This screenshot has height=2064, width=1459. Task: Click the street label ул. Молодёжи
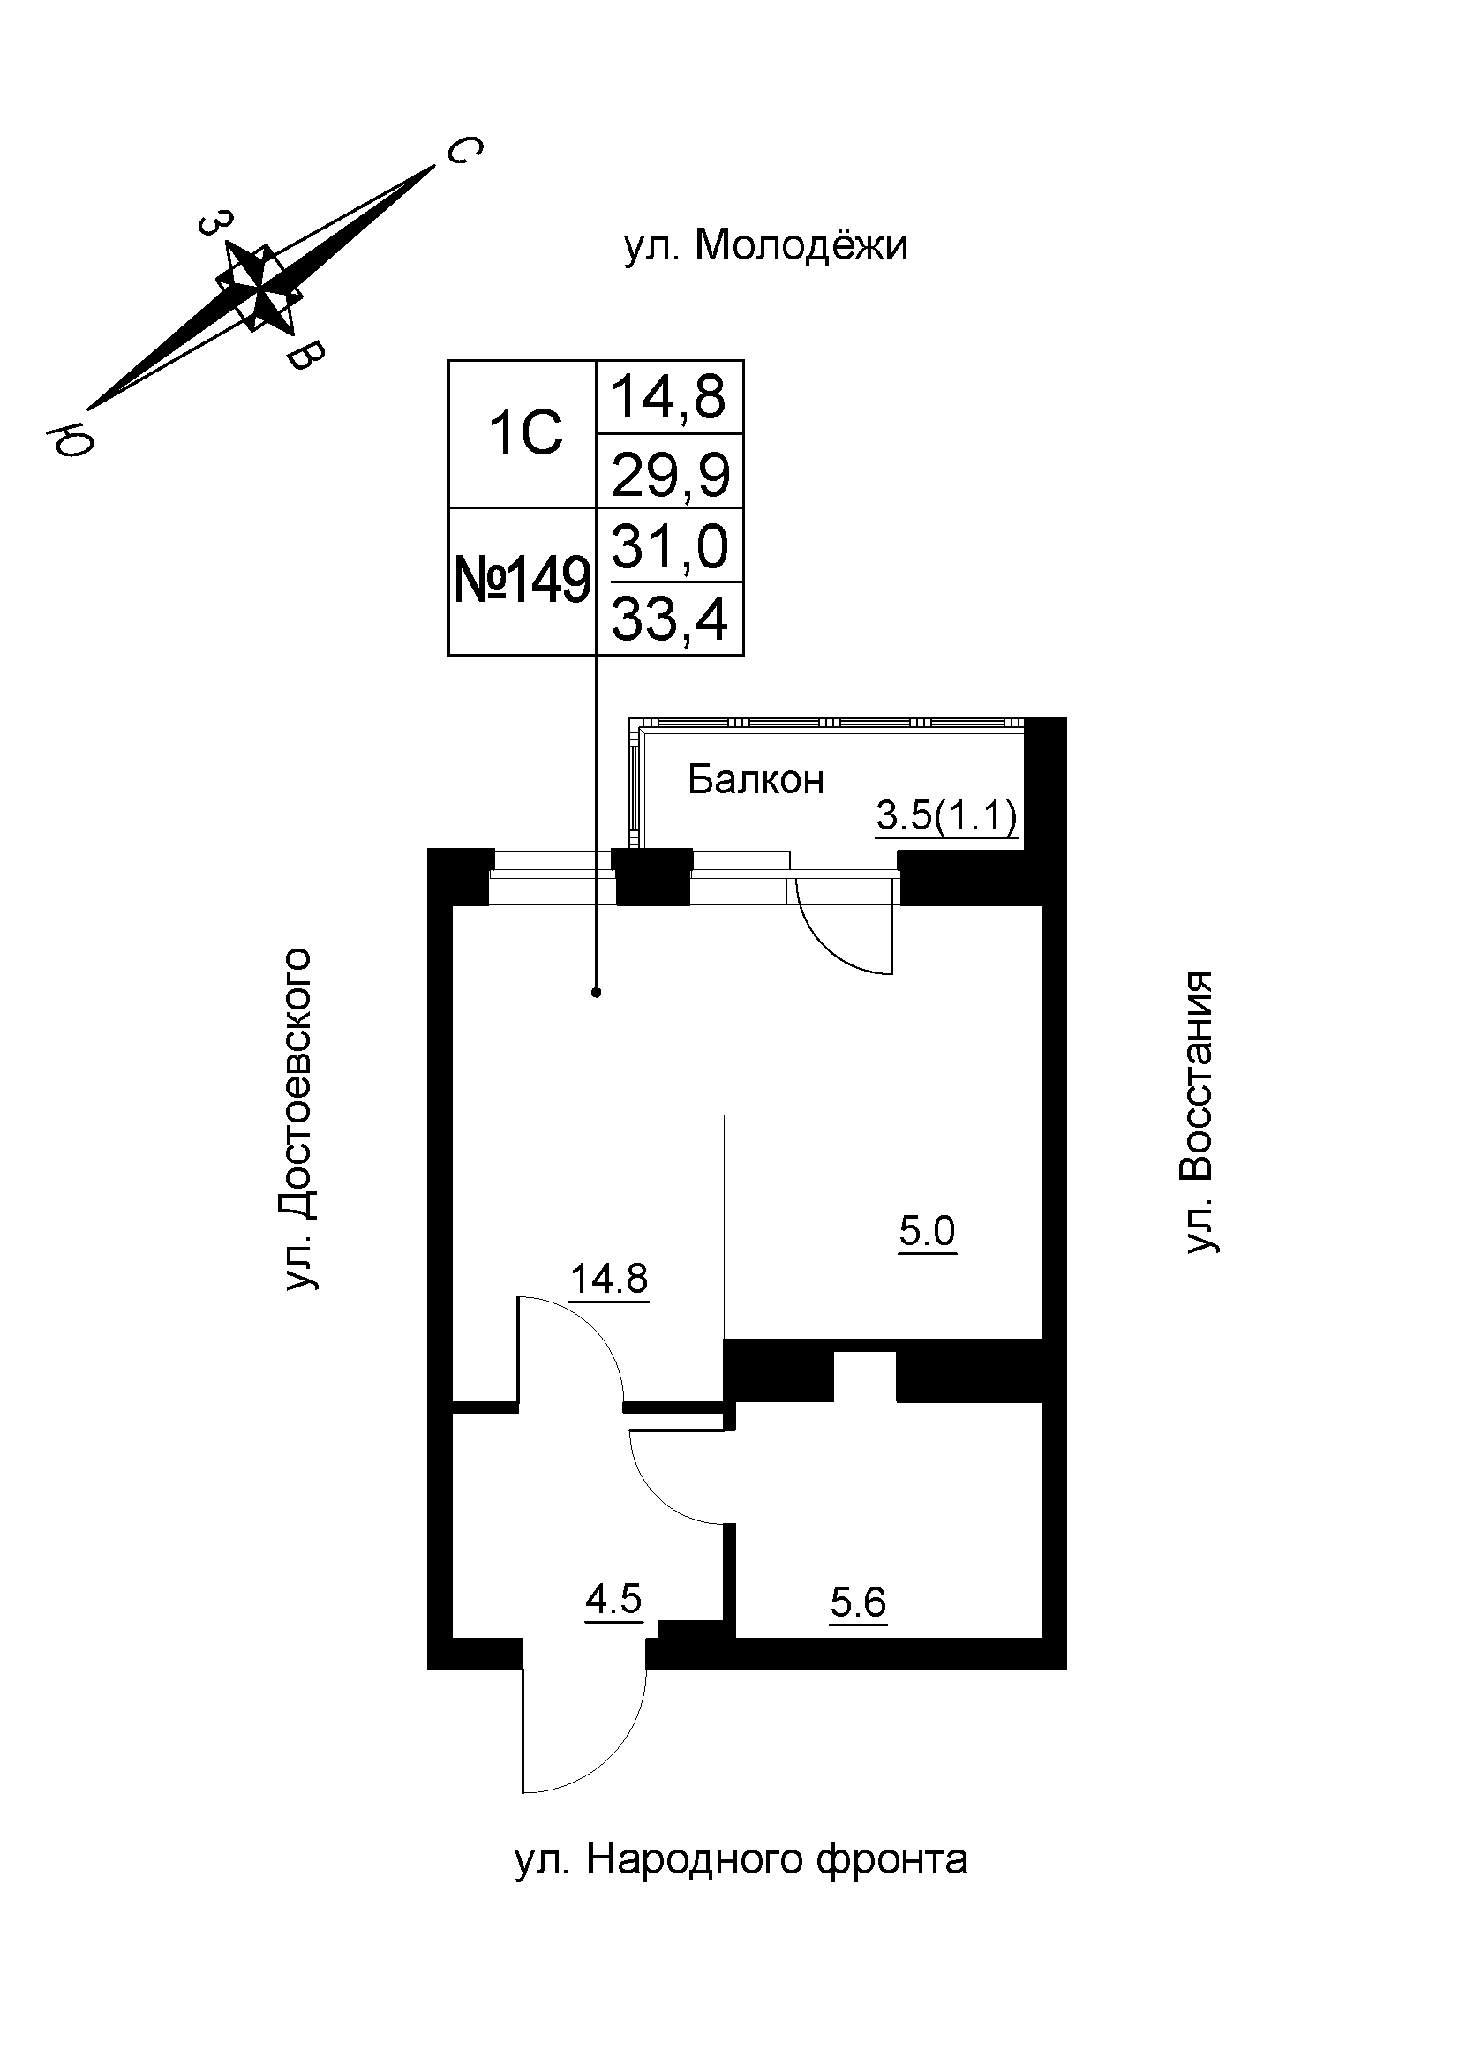click(x=766, y=246)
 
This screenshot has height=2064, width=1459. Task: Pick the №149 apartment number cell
click(x=523, y=582)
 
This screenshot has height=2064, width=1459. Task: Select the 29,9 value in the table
click(x=670, y=474)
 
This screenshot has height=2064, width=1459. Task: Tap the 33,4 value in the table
click(x=670, y=620)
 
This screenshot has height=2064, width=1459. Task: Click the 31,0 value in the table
click(x=670, y=546)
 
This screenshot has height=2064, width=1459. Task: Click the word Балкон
click(x=756, y=780)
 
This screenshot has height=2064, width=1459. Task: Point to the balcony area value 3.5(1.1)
click(x=945, y=816)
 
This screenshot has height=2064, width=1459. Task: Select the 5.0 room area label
click(x=927, y=1232)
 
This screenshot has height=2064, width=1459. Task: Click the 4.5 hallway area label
click(x=613, y=1599)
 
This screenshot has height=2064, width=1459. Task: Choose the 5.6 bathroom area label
click(x=858, y=1602)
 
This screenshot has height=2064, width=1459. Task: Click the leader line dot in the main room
click(x=596, y=993)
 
